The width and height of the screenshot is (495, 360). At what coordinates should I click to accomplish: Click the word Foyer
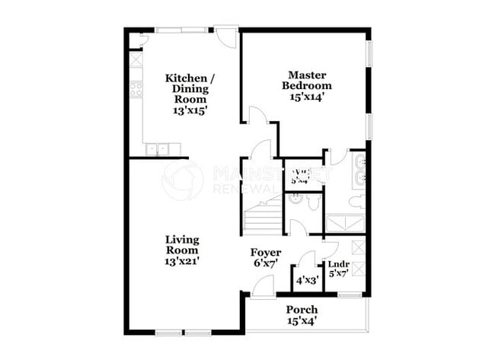pyautogui.click(x=266, y=252)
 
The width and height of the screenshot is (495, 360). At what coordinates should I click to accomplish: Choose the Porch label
pyautogui.click(x=302, y=310)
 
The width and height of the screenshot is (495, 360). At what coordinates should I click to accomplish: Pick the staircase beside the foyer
pyautogui.click(x=263, y=216)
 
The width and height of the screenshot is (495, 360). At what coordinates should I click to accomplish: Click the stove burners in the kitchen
pyautogui.click(x=136, y=90)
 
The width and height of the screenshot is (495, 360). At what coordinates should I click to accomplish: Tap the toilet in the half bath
pyautogui.click(x=314, y=202)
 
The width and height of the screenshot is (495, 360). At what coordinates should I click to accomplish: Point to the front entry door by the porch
pyautogui.click(x=262, y=287)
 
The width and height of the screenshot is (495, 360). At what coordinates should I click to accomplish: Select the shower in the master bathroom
pyautogui.click(x=345, y=224)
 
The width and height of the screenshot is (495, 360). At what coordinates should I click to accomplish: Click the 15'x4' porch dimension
pyautogui.click(x=302, y=321)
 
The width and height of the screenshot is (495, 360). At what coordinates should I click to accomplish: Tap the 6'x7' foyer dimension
pyautogui.click(x=266, y=263)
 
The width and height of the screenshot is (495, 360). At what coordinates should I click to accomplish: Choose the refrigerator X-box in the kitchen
pyautogui.click(x=136, y=59)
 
